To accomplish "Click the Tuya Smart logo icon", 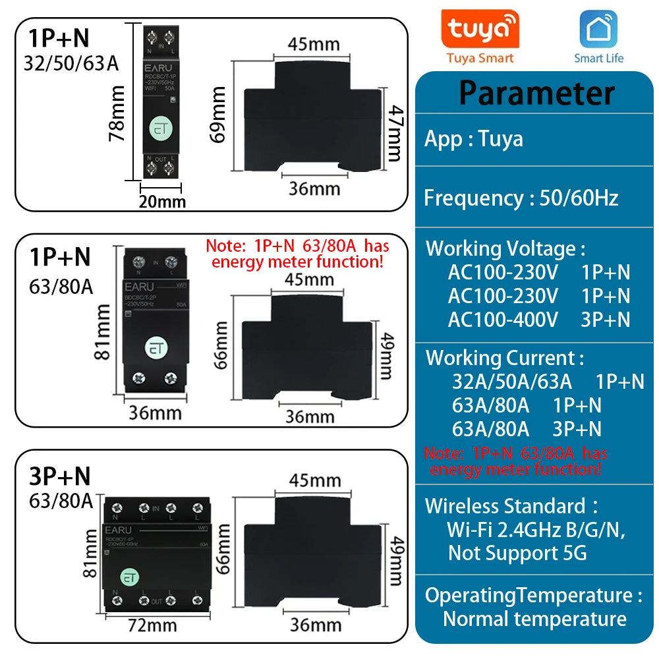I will click(x=480, y=30).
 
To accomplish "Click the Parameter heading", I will click(x=536, y=92).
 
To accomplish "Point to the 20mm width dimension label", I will click(x=162, y=201).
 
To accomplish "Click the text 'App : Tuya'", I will click(x=473, y=139).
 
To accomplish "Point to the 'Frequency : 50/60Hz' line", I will click(x=521, y=198).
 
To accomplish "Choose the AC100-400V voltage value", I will click(x=503, y=320).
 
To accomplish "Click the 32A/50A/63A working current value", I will click(x=511, y=382).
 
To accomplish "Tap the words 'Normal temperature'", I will click(x=534, y=619).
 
